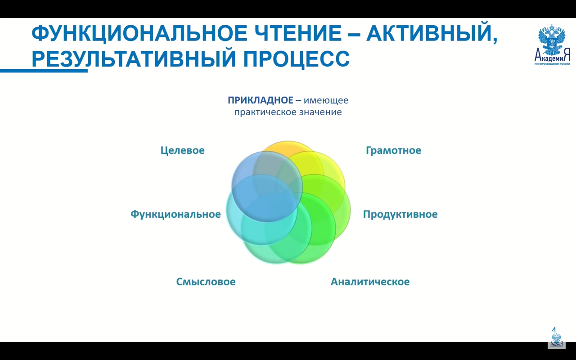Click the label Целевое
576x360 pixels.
click(183, 150)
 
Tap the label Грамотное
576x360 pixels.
click(393, 150)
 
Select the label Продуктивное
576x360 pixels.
click(400, 214)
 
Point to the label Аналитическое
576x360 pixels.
click(370, 282)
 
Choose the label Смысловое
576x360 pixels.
click(206, 282)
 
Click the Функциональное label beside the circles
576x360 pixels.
click(175, 214)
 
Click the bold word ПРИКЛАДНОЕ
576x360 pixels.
click(261, 100)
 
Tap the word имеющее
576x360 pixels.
click(326, 100)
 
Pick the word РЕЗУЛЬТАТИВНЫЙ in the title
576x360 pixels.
click(134, 58)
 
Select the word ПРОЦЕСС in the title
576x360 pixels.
click(297, 58)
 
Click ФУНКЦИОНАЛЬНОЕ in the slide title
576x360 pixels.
click(139, 33)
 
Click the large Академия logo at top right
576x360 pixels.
click(552, 45)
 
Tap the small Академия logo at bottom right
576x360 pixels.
click(557, 337)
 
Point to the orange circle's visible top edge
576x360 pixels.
click(288, 141)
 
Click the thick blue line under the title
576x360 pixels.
click(44, 71)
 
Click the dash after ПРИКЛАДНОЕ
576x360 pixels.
click(298, 100)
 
